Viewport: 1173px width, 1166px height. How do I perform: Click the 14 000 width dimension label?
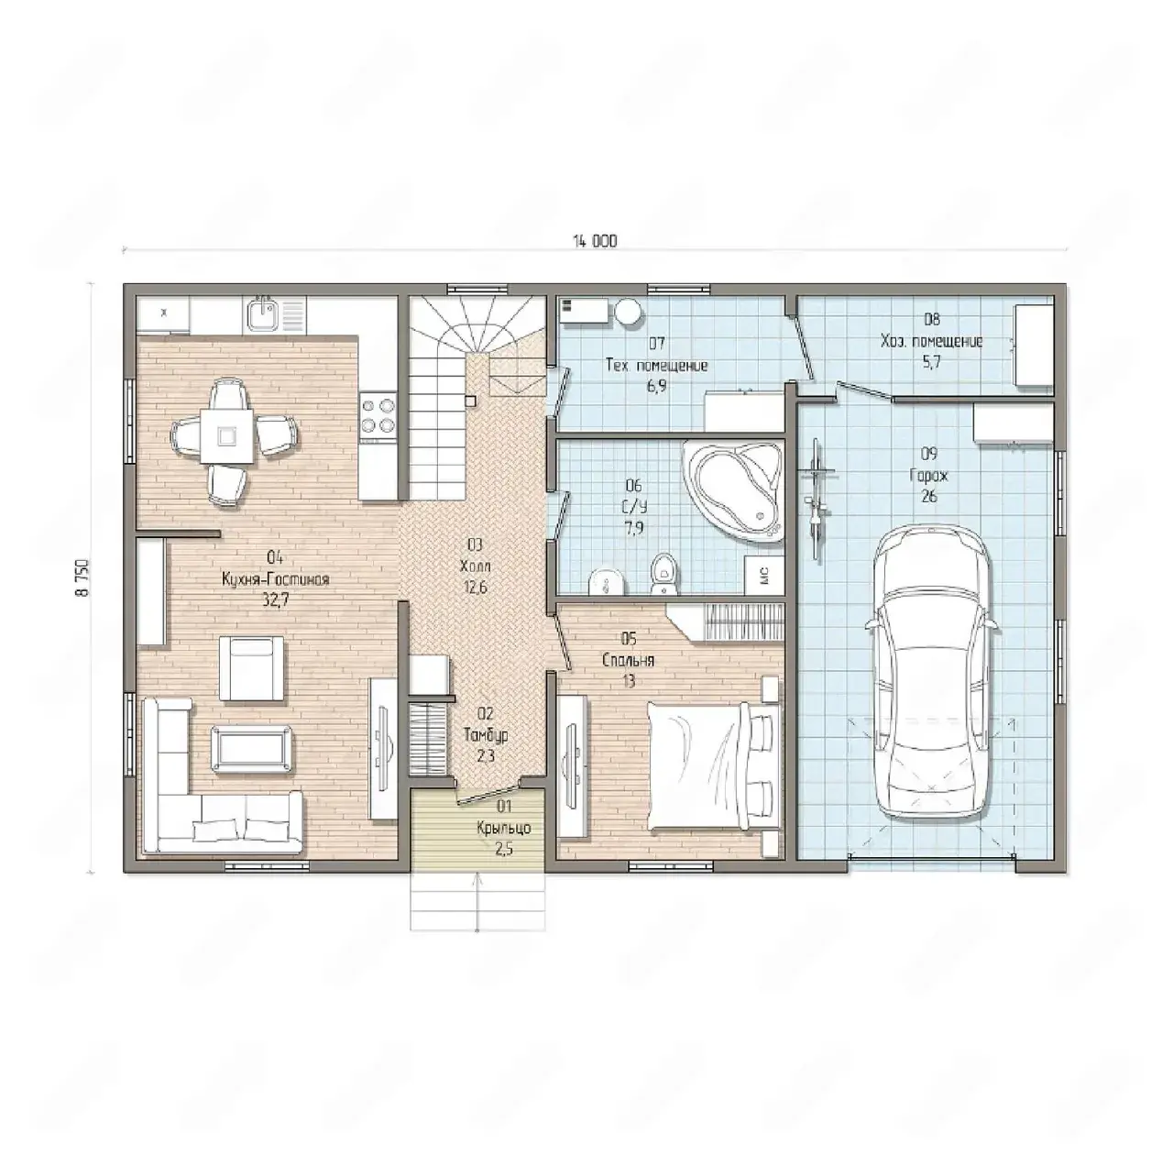click(x=595, y=241)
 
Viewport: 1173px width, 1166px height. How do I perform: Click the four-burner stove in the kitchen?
click(x=378, y=415)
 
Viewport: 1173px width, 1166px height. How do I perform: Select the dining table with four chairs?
click(x=235, y=436)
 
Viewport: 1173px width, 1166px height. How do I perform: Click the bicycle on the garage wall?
click(x=817, y=499)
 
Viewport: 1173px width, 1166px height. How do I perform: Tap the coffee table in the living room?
click(x=251, y=749)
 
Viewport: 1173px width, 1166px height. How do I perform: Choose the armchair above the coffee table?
click(x=251, y=668)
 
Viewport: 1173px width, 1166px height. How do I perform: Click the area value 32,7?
click(x=275, y=600)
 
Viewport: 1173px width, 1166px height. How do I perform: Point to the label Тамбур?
click(x=485, y=735)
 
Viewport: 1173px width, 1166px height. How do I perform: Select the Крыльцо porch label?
click(x=504, y=829)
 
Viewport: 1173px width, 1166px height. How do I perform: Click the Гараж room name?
click(x=929, y=476)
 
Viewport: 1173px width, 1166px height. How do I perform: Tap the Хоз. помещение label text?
click(x=931, y=341)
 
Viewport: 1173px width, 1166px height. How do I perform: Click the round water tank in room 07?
click(x=628, y=312)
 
